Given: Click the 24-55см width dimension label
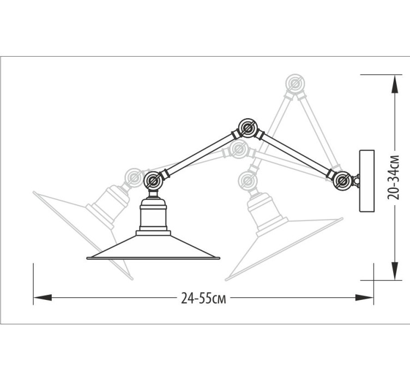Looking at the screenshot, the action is click(x=203, y=298).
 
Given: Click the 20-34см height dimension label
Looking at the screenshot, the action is click(x=393, y=177).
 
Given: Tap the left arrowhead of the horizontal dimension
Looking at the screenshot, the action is click(x=43, y=298).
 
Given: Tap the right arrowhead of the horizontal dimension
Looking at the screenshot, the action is click(x=364, y=298).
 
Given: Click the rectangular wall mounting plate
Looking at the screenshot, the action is click(x=367, y=181).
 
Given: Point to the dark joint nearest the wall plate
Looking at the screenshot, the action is click(x=342, y=180).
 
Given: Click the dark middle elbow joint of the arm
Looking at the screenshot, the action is click(x=248, y=128).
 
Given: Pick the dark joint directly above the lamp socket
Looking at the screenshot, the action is click(x=154, y=181).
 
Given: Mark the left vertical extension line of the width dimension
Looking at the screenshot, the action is click(x=33, y=284).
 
